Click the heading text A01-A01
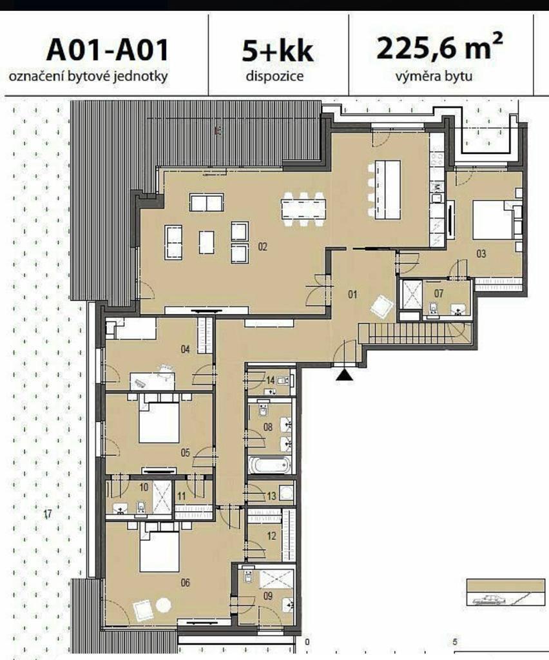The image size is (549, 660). click(107, 50)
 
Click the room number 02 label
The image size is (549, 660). click(262, 246)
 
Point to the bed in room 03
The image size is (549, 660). click(493, 220)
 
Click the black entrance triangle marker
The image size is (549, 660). click(345, 375)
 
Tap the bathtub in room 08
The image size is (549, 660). click(270, 465)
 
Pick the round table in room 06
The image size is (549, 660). click(163, 606)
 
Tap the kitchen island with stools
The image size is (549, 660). click(384, 189)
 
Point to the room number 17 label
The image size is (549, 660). click(48, 514)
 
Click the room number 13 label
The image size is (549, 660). click(271, 496)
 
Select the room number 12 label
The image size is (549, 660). click(271, 536)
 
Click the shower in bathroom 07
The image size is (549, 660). click(411, 294)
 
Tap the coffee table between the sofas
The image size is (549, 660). click(206, 242)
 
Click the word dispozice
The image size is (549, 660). click(274, 76)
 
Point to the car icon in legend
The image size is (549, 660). click(488, 599)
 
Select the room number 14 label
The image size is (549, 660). click(271, 380)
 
